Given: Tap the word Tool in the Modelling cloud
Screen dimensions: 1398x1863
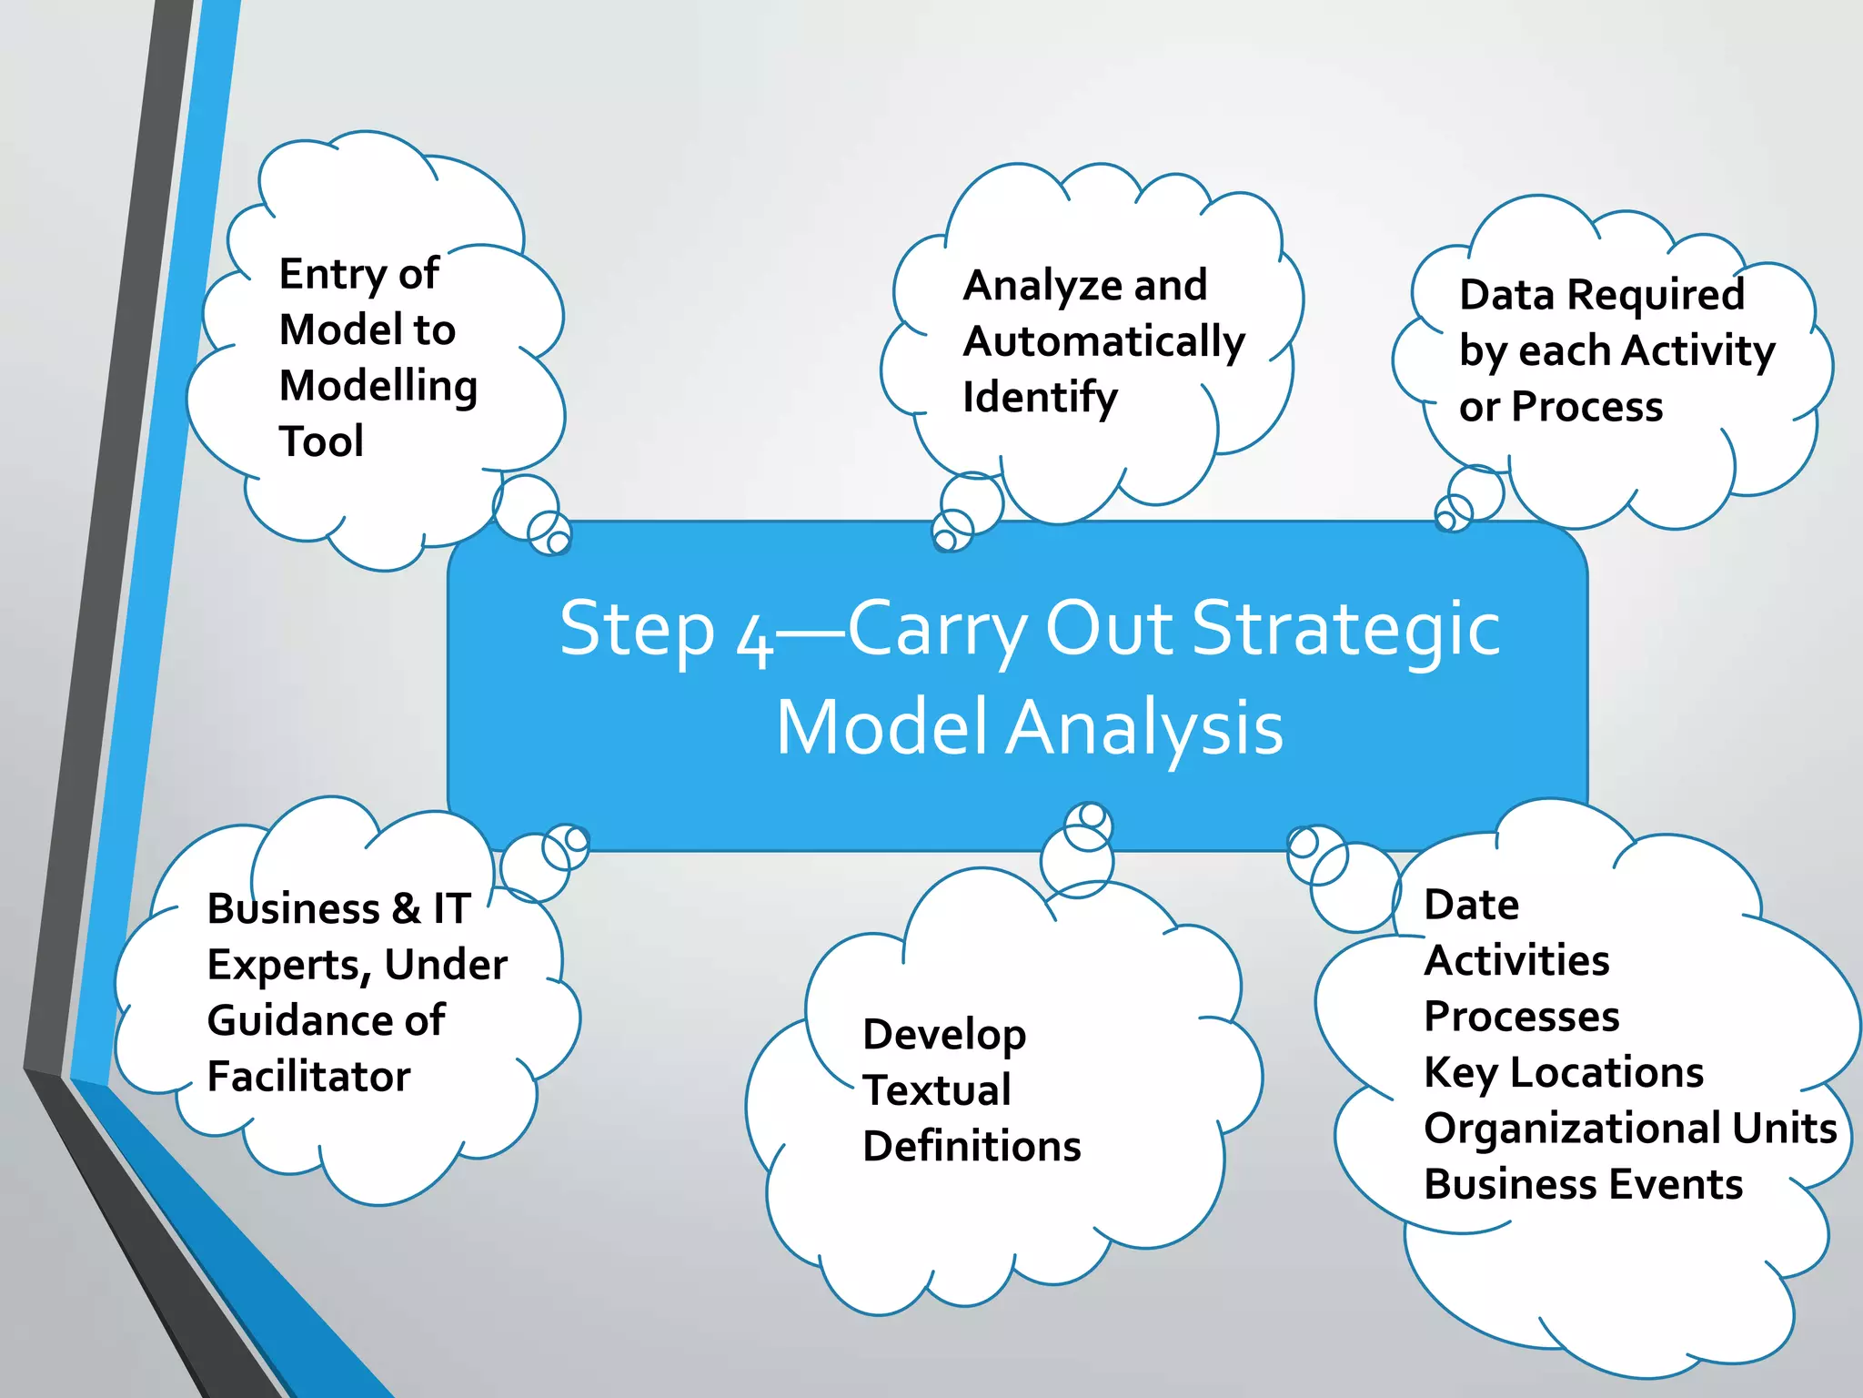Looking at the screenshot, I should (321, 442).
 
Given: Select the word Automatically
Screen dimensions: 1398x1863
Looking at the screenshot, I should (1103, 343).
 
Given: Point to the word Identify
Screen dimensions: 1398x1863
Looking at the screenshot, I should (1040, 399).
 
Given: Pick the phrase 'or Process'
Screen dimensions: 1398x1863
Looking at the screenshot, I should (1561, 407).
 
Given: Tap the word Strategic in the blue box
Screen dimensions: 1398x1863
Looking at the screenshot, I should (1345, 629).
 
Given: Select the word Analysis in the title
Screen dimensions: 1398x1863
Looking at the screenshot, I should (1144, 728).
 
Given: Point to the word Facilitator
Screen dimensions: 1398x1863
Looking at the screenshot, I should (308, 1077).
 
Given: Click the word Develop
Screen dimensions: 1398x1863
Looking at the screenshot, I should (944, 1036).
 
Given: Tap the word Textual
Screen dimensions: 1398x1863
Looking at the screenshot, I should (936, 1091).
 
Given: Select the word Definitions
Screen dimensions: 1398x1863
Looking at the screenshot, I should (972, 1147).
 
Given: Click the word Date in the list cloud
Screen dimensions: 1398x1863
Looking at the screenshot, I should (1471, 906).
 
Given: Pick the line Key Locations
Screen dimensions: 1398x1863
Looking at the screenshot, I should (1563, 1073).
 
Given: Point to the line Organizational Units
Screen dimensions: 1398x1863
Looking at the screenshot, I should (1630, 1129).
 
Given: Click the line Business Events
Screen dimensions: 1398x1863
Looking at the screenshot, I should (1583, 1185).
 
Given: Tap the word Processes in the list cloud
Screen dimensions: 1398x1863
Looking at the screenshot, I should (1521, 1017).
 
